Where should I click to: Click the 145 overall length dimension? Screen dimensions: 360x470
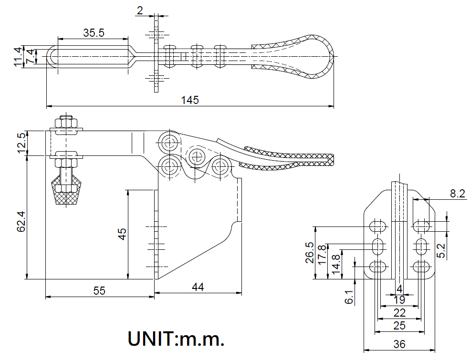click(189, 100)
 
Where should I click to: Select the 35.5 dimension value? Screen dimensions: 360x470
click(94, 33)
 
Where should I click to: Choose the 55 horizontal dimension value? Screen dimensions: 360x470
click(99, 290)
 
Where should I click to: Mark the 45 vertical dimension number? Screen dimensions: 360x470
click(122, 234)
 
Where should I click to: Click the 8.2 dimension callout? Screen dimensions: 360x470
click(458, 193)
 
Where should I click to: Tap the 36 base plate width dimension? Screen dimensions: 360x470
click(400, 343)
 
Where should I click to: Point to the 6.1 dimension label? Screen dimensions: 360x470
click(349, 297)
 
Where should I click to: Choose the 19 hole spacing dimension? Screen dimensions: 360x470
click(400, 300)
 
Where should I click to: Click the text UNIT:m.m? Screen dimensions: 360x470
click(176, 339)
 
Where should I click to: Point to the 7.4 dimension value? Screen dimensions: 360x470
click(30, 57)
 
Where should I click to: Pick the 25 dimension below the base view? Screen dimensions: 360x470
click(399, 325)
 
